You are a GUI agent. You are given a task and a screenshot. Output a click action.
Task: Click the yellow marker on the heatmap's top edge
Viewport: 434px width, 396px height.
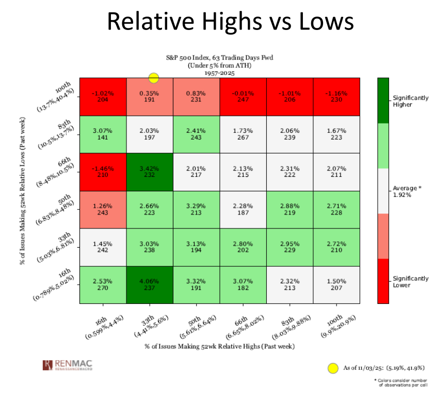(x=153, y=78)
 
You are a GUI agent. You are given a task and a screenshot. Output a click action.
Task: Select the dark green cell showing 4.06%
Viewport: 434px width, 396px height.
(x=149, y=284)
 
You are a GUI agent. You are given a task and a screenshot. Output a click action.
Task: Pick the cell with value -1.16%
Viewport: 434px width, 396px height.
(x=336, y=97)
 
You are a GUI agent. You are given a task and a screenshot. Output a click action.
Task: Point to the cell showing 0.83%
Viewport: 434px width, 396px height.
(x=196, y=97)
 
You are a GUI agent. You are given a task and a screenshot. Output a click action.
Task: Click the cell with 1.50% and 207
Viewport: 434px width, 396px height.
(x=336, y=284)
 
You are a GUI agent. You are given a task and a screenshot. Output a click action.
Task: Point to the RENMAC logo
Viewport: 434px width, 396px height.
(x=67, y=365)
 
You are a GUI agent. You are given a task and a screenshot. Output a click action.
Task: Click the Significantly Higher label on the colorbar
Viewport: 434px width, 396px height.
(x=410, y=101)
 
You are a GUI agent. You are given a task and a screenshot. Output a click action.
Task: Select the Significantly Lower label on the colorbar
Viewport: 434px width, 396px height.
(x=410, y=282)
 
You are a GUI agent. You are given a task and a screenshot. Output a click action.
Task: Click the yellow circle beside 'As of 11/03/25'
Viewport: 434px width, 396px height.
(x=333, y=368)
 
